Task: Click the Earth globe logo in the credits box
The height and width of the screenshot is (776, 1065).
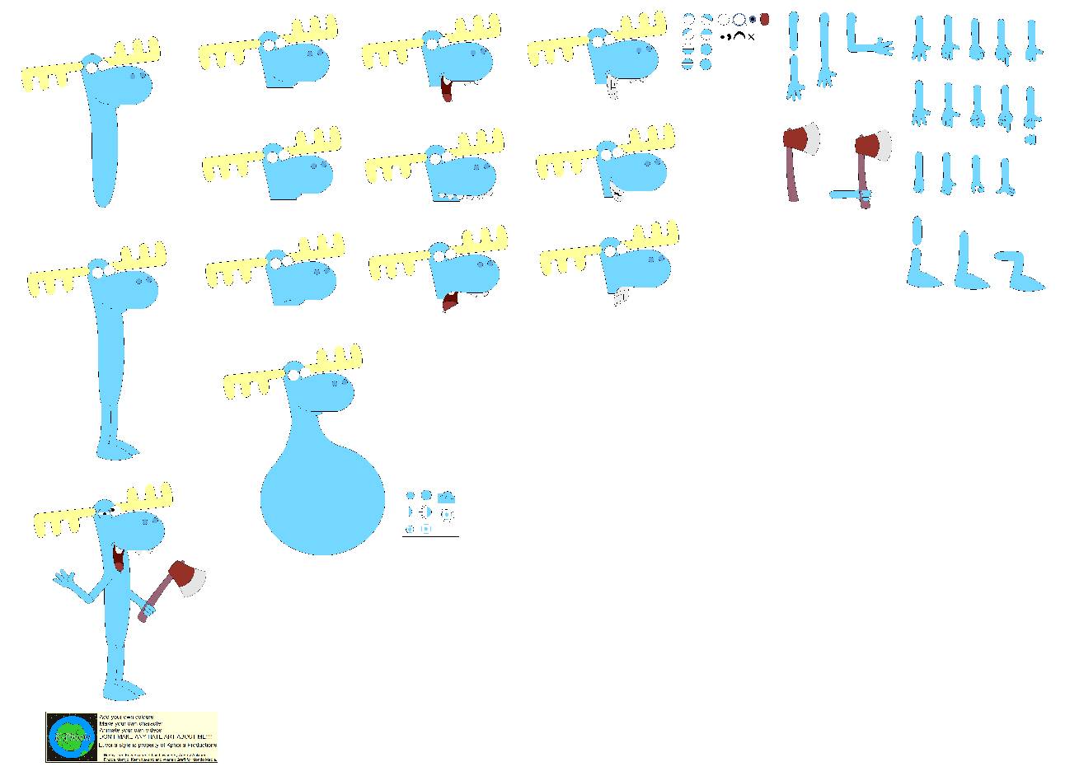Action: click(70, 736)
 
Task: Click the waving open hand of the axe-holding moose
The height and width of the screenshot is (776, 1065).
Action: click(64, 580)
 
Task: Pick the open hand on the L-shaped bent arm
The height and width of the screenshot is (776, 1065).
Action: click(884, 46)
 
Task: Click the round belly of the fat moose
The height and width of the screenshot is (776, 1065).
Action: click(322, 501)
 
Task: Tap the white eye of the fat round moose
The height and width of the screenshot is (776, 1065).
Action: click(295, 372)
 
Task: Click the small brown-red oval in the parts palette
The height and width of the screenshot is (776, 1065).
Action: click(765, 19)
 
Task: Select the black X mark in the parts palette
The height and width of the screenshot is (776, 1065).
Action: click(751, 37)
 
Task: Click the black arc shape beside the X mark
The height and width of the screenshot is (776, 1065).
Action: click(739, 36)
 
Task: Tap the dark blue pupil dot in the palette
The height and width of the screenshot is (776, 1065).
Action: click(753, 19)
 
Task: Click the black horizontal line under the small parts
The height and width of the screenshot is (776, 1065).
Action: click(430, 537)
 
